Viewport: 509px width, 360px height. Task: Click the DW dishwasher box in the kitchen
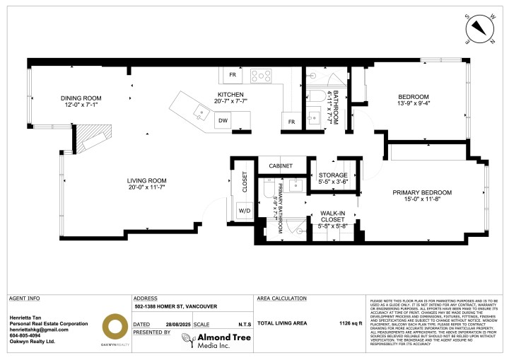click(223, 121)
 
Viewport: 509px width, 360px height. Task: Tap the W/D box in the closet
click(246, 210)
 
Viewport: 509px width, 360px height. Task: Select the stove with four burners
click(261, 74)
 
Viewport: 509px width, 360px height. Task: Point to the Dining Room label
click(81, 101)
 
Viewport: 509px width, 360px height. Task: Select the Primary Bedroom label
click(423, 196)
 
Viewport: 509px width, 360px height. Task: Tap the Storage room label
click(332, 179)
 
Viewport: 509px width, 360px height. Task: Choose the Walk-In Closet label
click(332, 219)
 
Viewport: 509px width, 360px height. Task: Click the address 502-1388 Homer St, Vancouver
click(176, 307)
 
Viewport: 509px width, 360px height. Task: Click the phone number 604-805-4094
click(28, 336)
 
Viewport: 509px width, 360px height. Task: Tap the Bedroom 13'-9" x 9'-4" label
click(413, 100)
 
